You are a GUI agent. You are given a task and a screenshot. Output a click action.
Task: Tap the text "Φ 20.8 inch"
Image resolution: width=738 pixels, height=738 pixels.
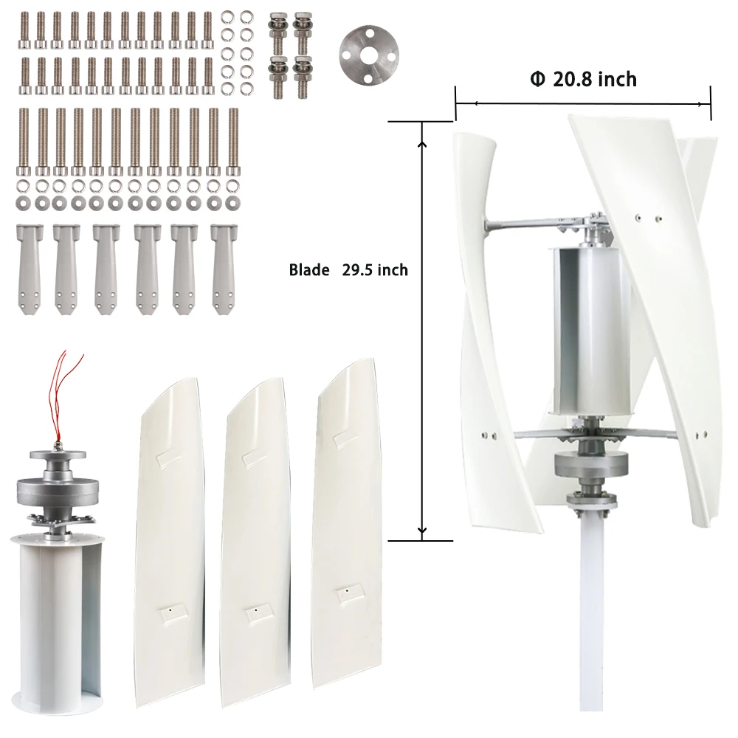point(583,80)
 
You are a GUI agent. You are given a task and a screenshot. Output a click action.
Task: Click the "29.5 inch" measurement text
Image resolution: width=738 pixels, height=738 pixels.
point(375,271)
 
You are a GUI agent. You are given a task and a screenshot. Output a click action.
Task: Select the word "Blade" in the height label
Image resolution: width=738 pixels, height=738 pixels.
point(309,271)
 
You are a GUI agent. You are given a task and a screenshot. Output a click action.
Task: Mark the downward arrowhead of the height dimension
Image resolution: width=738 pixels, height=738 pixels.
point(422,531)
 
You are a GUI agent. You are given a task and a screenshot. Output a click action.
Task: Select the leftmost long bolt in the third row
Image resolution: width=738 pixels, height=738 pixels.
point(24,140)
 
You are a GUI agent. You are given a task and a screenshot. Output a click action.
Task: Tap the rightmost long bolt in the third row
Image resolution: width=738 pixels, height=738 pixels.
point(233,140)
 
